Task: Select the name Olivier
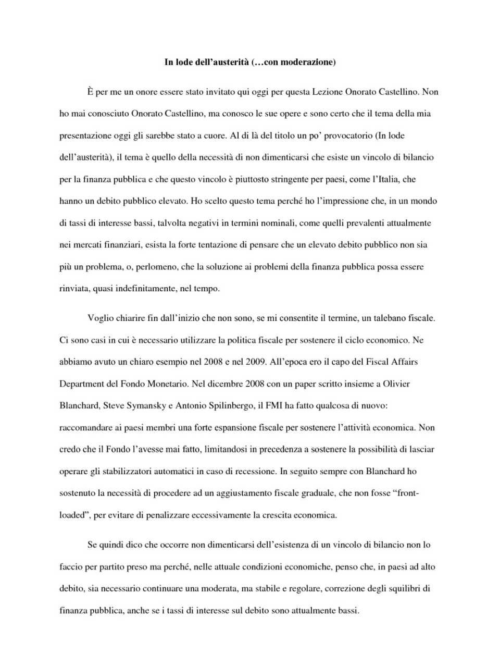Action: click(396, 384)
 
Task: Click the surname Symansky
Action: click(147, 406)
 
